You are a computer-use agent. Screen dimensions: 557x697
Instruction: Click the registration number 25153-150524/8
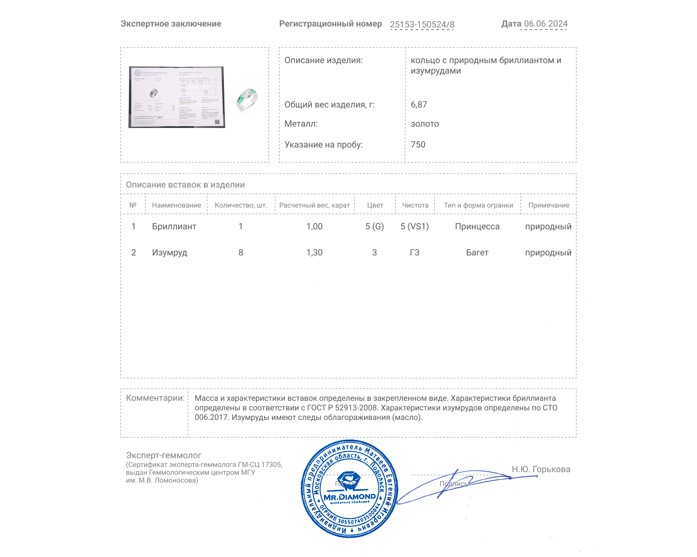[422, 25]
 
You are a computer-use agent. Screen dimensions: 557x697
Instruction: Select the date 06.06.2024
[545, 24]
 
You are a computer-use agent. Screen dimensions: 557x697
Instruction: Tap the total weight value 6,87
[419, 105]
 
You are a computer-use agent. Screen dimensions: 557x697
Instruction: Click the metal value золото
[425, 124]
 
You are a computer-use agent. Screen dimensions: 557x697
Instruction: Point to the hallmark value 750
[418, 145]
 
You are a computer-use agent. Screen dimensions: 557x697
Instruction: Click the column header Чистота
[415, 205]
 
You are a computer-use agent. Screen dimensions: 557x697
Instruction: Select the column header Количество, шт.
[240, 205]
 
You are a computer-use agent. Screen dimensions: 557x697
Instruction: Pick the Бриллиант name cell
[174, 227]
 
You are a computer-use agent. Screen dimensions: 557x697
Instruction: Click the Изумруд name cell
[169, 253]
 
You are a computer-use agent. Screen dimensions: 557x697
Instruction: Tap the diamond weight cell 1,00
[314, 227]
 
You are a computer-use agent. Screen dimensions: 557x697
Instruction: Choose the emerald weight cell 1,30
[314, 253]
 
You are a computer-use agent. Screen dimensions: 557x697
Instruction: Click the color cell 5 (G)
[374, 227]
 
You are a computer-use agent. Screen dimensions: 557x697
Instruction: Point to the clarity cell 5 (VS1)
[414, 227]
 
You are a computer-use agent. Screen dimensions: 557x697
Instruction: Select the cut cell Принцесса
[477, 227]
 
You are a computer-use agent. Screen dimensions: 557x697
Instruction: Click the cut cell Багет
[477, 253]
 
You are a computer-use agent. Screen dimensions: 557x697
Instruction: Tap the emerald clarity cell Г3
[414, 253]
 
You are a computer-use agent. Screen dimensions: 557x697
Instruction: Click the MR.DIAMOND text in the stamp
[349, 497]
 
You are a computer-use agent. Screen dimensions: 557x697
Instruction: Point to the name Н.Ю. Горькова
[541, 470]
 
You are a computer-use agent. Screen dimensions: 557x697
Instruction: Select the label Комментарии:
[155, 398]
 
